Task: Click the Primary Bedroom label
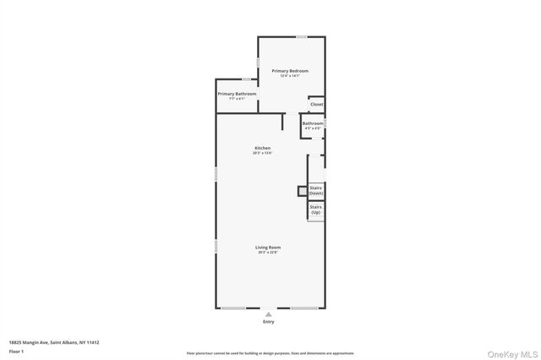290,70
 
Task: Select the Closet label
316,104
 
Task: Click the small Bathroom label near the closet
313,123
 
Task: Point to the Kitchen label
262,148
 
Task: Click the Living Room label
267,247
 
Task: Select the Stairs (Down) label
316,190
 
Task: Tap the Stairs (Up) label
315,209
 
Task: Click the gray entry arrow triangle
269,314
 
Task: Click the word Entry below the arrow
269,322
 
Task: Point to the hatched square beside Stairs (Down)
301,190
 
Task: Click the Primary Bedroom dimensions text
290,76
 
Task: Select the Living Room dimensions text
267,252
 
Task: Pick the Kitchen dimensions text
262,153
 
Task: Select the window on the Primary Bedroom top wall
301,36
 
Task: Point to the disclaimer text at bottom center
270,353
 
